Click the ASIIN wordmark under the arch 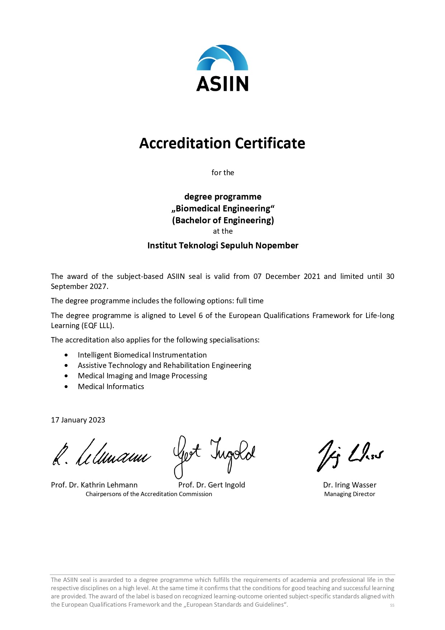222,84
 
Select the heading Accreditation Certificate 222,143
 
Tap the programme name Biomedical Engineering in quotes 223,209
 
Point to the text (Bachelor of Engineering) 223,220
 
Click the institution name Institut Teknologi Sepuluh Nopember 223,246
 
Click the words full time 250,301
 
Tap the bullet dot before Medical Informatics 66,387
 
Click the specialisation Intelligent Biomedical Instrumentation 142,355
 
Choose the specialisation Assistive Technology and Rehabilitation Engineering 164,365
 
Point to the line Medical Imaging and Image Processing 142,376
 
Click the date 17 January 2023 78,420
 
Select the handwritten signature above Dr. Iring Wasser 350,455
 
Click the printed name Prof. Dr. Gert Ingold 212,485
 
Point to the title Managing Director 350,494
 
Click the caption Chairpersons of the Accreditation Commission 149,494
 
